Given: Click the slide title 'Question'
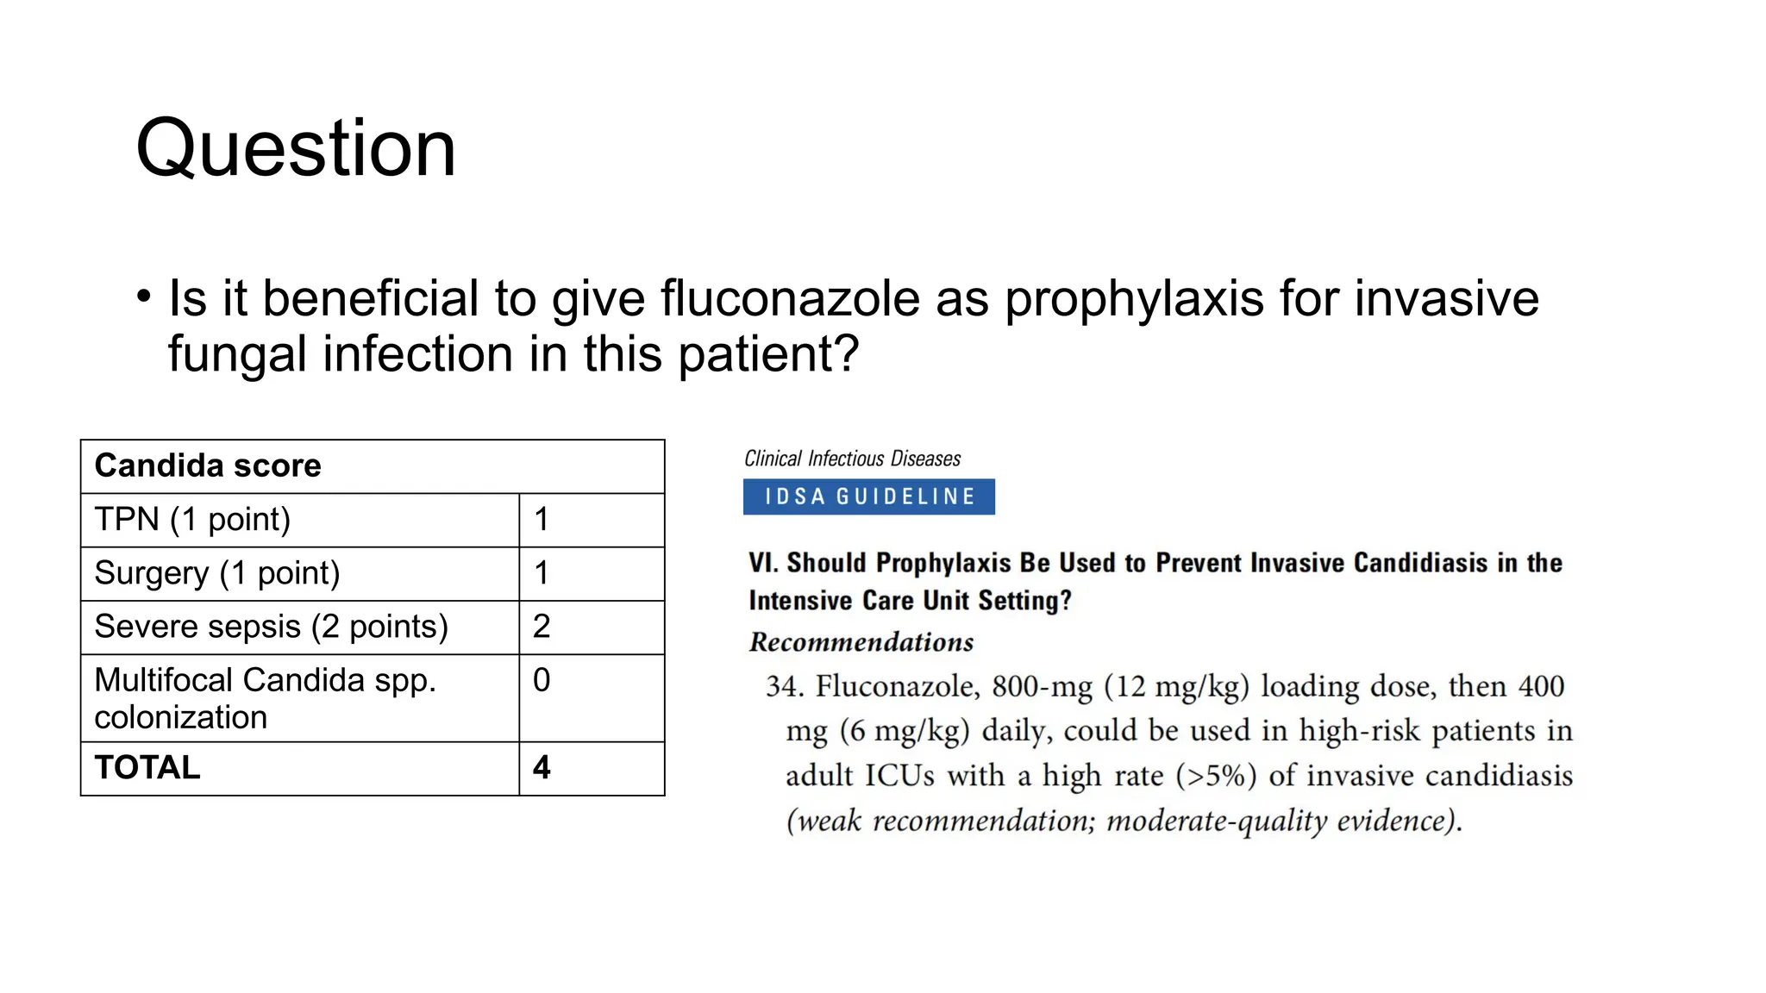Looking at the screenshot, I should [296, 148].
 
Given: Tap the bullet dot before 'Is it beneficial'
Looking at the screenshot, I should [144, 297].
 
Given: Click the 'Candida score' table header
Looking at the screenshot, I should [208, 465].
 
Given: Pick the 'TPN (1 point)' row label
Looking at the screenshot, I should [192, 519].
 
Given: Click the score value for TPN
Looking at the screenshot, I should [542, 519].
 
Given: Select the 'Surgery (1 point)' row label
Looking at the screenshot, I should [217, 573].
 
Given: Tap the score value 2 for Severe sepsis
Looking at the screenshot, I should [542, 627].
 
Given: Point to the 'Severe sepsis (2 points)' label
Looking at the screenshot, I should [272, 627].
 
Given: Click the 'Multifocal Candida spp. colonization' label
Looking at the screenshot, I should [265, 698].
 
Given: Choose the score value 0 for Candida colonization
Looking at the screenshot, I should [542, 680].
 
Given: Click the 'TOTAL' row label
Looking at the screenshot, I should [147, 767].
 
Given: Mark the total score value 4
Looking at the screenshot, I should [542, 767].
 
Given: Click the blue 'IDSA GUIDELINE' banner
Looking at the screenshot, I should [868, 496].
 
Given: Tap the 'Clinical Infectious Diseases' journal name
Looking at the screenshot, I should [852, 459].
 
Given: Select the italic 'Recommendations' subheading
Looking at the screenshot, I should [861, 642].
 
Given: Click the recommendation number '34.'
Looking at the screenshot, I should [785, 686].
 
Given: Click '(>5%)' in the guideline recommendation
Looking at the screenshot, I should [1216, 775].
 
